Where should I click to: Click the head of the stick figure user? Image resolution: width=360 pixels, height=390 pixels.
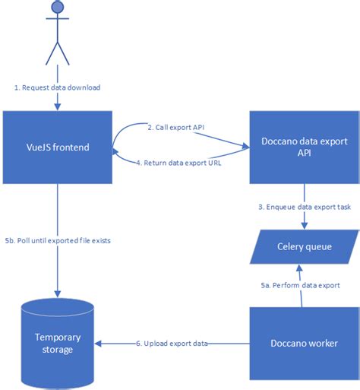(x=56, y=8)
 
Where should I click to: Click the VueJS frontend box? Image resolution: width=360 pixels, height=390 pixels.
(x=57, y=146)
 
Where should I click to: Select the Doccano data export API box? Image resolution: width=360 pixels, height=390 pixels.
(x=304, y=146)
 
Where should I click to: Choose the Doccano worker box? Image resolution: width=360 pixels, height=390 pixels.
(x=304, y=343)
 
